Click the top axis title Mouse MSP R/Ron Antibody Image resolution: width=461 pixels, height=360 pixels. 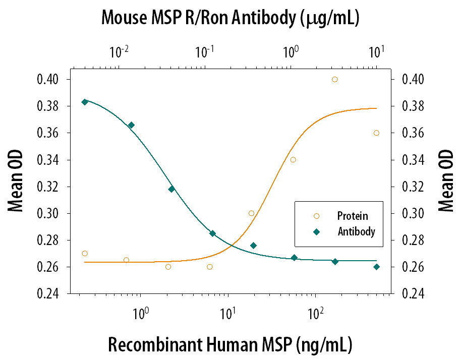click(x=230, y=18)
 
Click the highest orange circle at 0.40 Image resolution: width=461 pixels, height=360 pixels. click(x=334, y=79)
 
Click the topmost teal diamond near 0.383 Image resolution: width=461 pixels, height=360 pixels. click(x=85, y=102)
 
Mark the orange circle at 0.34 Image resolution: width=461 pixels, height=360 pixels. click(x=293, y=160)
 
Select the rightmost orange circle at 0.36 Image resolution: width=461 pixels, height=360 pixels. click(x=376, y=133)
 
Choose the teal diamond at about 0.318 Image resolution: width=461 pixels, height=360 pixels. click(x=171, y=189)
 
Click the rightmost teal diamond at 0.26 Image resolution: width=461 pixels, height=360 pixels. click(x=376, y=267)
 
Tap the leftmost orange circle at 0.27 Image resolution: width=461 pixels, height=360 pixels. click(x=85, y=254)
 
